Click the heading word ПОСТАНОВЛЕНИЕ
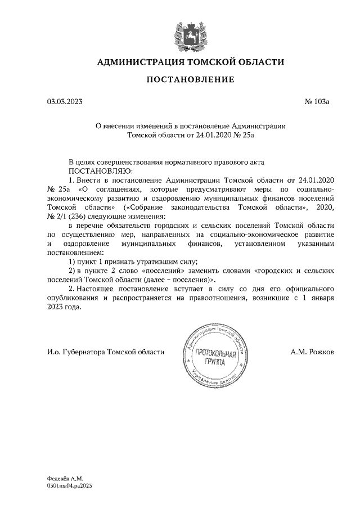click(x=190, y=80)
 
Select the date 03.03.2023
click(x=64, y=102)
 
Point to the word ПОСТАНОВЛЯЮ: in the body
click(x=100, y=170)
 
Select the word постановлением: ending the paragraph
click(x=79, y=253)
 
